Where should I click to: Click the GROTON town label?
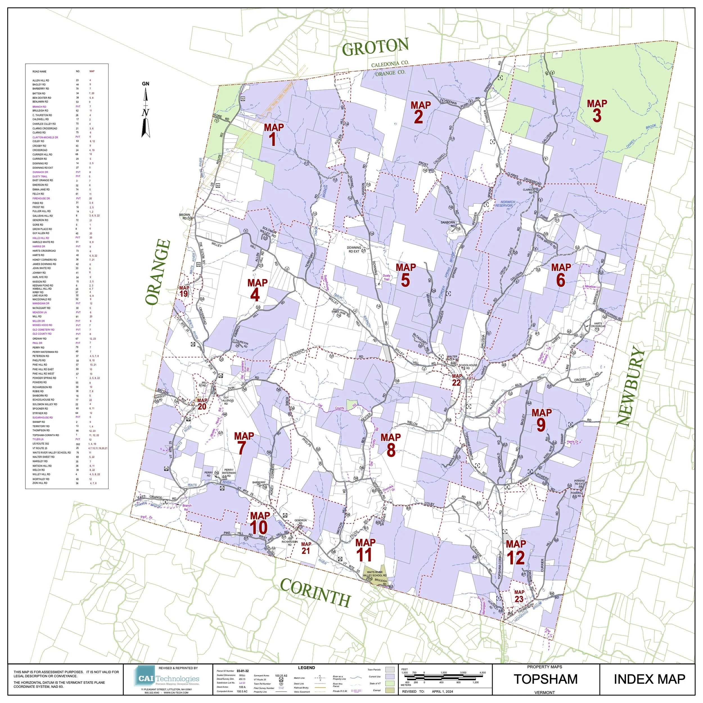(x=375, y=47)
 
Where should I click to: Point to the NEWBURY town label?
(x=630, y=386)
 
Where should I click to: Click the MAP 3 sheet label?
(x=597, y=111)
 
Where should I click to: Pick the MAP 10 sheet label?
(x=260, y=522)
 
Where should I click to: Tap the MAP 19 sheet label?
(x=184, y=291)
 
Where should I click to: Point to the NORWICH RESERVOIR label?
(x=504, y=204)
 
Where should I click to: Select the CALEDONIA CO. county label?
(x=390, y=64)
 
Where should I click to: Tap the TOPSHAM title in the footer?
(x=545, y=679)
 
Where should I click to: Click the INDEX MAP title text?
(x=649, y=679)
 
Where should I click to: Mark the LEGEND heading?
(x=307, y=668)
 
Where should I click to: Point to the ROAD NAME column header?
(x=39, y=72)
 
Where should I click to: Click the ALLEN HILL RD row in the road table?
(x=41, y=80)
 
